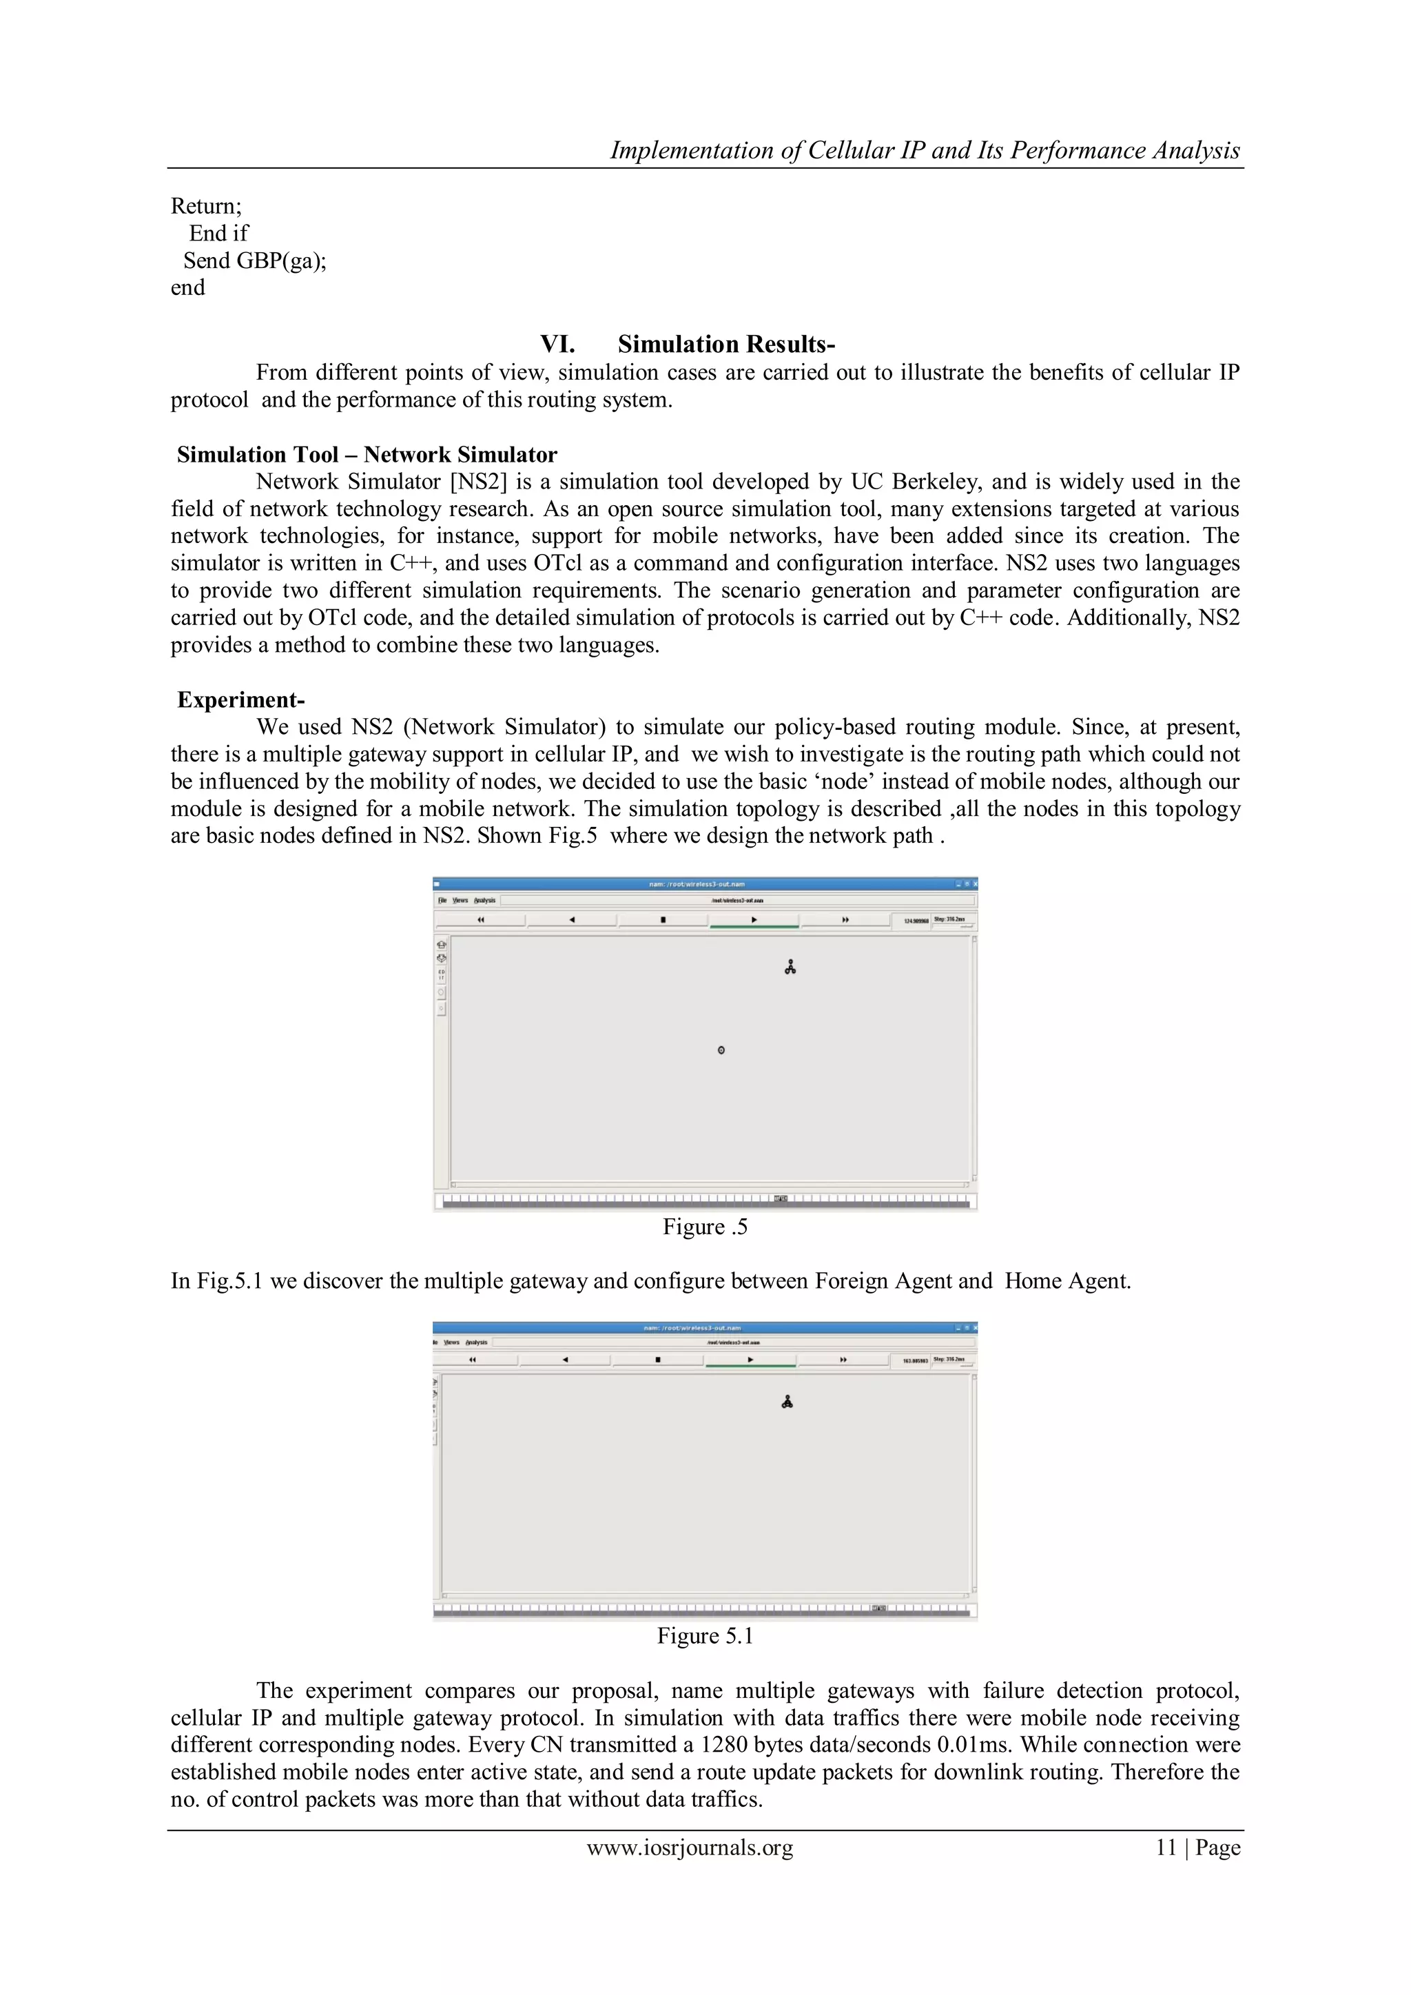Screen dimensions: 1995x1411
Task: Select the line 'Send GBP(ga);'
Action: tap(254, 260)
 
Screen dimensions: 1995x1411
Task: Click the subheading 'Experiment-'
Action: tap(240, 699)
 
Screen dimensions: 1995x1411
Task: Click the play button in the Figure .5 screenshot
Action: tap(754, 919)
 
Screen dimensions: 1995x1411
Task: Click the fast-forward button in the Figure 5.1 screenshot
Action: tap(843, 1359)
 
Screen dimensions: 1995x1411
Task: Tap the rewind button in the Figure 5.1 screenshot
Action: tap(473, 1359)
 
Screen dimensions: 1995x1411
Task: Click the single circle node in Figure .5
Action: tap(721, 1050)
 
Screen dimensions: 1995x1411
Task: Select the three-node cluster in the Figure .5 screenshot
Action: tap(790, 967)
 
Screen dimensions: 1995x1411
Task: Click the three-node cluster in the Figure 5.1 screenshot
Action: tap(787, 1402)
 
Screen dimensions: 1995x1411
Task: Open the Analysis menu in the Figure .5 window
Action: tap(485, 900)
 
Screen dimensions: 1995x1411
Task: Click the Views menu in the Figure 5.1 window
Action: tap(452, 1342)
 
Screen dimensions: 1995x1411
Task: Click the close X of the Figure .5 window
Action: tap(975, 883)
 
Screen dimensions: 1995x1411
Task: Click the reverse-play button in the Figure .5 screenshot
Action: tap(572, 919)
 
